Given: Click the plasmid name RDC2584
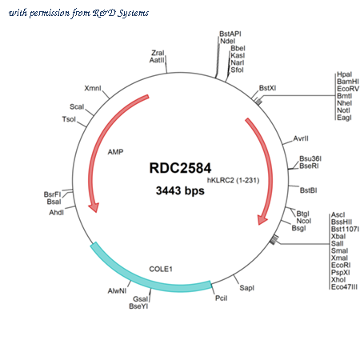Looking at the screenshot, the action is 180,168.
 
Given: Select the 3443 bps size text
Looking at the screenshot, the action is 180,190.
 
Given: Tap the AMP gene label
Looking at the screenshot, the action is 115,152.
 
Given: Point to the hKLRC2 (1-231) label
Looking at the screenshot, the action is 234,181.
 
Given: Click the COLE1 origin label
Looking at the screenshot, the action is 161,269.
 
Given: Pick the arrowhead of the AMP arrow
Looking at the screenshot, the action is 94,207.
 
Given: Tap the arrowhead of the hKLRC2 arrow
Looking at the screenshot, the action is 262,220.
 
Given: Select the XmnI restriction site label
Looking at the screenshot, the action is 93,88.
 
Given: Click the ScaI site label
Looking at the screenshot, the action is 77,107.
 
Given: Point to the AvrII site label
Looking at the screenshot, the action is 301,138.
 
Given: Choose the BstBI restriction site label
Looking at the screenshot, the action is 308,190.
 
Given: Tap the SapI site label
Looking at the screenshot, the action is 246,288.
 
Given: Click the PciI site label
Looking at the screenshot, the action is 222,298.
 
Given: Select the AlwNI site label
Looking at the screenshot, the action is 117,291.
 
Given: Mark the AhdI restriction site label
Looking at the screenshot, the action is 57,213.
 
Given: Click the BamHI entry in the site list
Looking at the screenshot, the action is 348,82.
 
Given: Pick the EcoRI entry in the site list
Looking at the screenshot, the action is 341,266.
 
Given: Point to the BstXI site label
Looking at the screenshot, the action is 267,88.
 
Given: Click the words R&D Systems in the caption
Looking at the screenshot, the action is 121,13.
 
